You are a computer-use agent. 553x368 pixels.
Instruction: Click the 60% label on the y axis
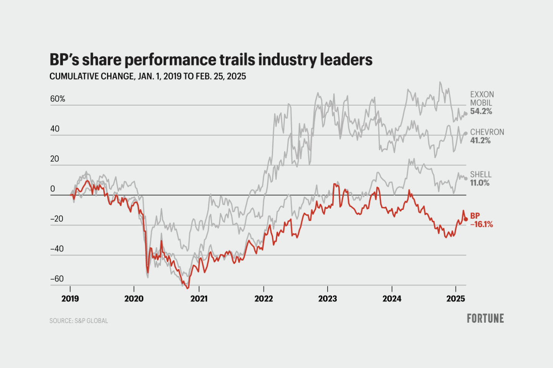[x=58, y=99]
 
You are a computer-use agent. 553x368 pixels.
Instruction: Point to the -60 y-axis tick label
[x=57, y=279]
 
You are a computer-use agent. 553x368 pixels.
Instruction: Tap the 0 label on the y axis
[x=53, y=189]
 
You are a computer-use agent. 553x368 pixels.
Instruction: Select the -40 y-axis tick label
[x=57, y=249]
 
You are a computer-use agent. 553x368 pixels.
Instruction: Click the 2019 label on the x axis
[x=70, y=299]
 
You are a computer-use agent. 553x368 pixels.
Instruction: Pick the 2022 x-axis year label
[x=263, y=299]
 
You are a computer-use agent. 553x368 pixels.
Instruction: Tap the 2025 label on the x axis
[x=455, y=299]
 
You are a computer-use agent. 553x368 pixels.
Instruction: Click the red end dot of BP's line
[x=466, y=219]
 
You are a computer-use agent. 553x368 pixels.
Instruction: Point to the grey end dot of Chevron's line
[x=466, y=134]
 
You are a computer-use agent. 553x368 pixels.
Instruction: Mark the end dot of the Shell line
[x=466, y=178]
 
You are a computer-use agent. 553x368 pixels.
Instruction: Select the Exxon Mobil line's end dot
[x=466, y=113]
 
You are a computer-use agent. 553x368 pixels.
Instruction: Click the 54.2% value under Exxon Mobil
[x=481, y=112]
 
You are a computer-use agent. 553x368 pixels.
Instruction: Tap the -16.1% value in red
[x=482, y=224]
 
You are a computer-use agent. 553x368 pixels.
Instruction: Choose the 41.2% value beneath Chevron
[x=480, y=141]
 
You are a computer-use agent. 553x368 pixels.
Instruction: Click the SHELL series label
[x=481, y=175]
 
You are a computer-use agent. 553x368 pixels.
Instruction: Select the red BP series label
[x=475, y=216]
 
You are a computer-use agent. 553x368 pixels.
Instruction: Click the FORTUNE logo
[x=485, y=318]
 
